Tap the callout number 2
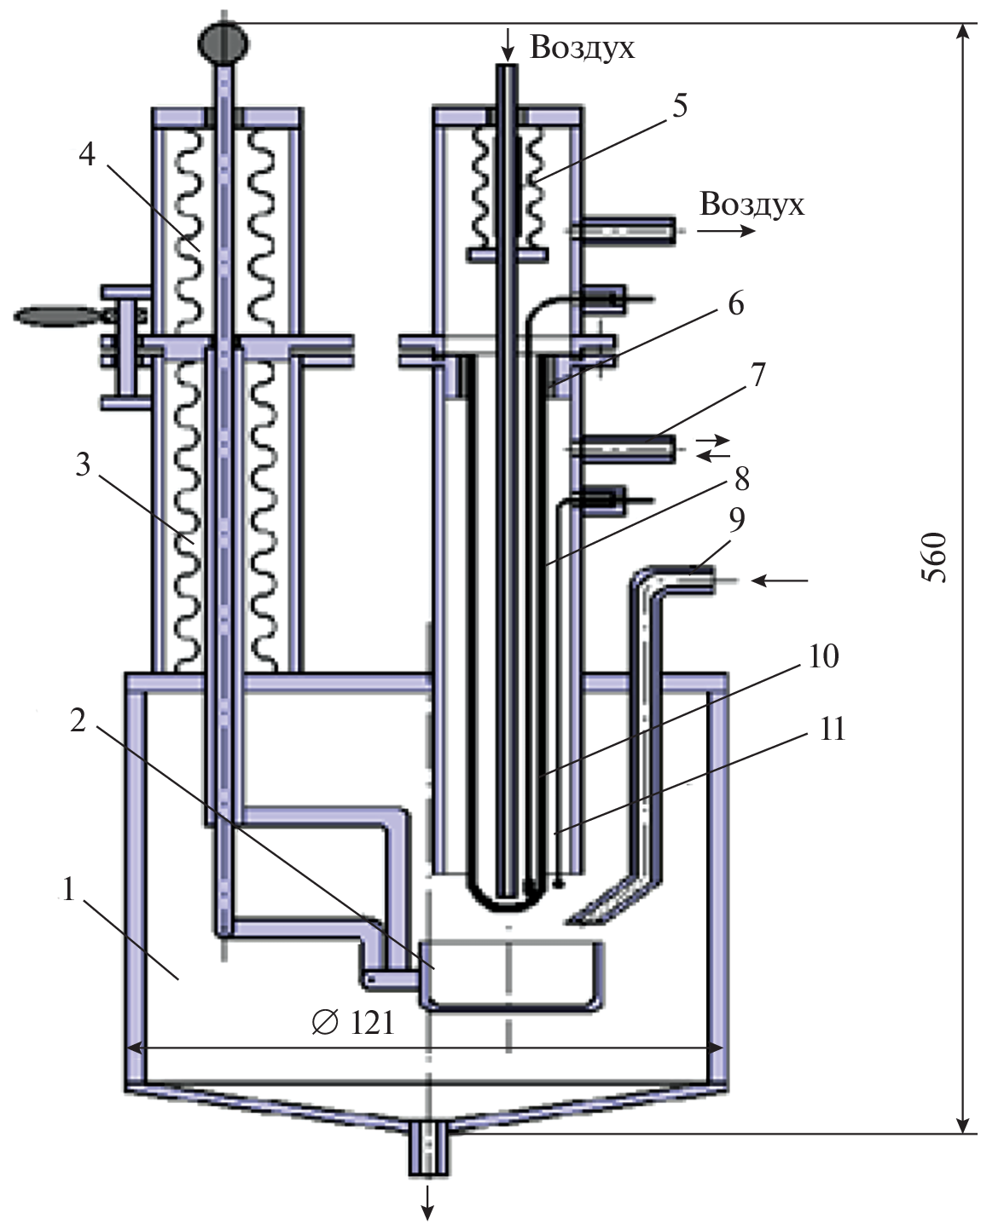[x=78, y=720]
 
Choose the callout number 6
[x=735, y=304]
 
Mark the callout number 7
[x=758, y=375]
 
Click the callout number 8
[x=741, y=480]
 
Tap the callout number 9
[x=735, y=520]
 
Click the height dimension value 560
[x=936, y=557]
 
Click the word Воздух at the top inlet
[x=583, y=47]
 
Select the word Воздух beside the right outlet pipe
[x=752, y=205]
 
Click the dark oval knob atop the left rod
[x=223, y=41]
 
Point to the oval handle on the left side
[x=56, y=315]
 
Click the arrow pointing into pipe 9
[x=780, y=581]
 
